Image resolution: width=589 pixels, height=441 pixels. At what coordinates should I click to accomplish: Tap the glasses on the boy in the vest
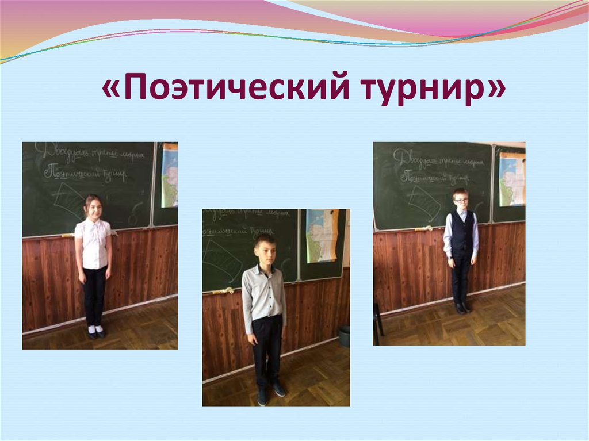[460, 200]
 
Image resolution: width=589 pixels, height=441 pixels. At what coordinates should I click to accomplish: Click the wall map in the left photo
[169, 175]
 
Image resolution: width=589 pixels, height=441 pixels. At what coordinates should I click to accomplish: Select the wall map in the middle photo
[322, 236]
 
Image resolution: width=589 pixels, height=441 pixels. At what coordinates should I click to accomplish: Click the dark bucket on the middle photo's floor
[343, 336]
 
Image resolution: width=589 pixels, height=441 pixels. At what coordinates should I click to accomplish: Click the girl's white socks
[95, 329]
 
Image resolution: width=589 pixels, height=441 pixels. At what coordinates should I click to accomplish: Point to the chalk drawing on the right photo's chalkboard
[424, 203]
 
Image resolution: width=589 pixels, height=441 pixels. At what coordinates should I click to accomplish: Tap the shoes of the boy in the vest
[462, 308]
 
